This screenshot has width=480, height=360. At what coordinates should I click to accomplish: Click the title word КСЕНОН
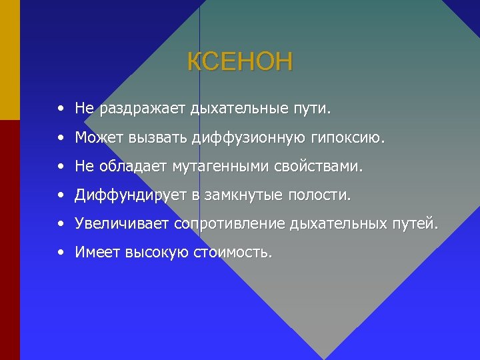[239, 62]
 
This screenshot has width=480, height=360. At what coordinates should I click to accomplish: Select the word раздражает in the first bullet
[143, 107]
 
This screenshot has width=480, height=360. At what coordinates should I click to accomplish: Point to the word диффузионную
[249, 137]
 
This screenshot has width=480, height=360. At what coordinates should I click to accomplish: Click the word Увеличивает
[122, 224]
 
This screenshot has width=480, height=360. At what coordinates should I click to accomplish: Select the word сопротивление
[230, 224]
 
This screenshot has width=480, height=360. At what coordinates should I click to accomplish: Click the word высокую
[151, 253]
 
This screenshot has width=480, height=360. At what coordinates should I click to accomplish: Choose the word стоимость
[233, 253]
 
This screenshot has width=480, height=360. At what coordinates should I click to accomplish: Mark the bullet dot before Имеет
[60, 253]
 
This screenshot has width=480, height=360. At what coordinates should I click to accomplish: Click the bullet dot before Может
[60, 137]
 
